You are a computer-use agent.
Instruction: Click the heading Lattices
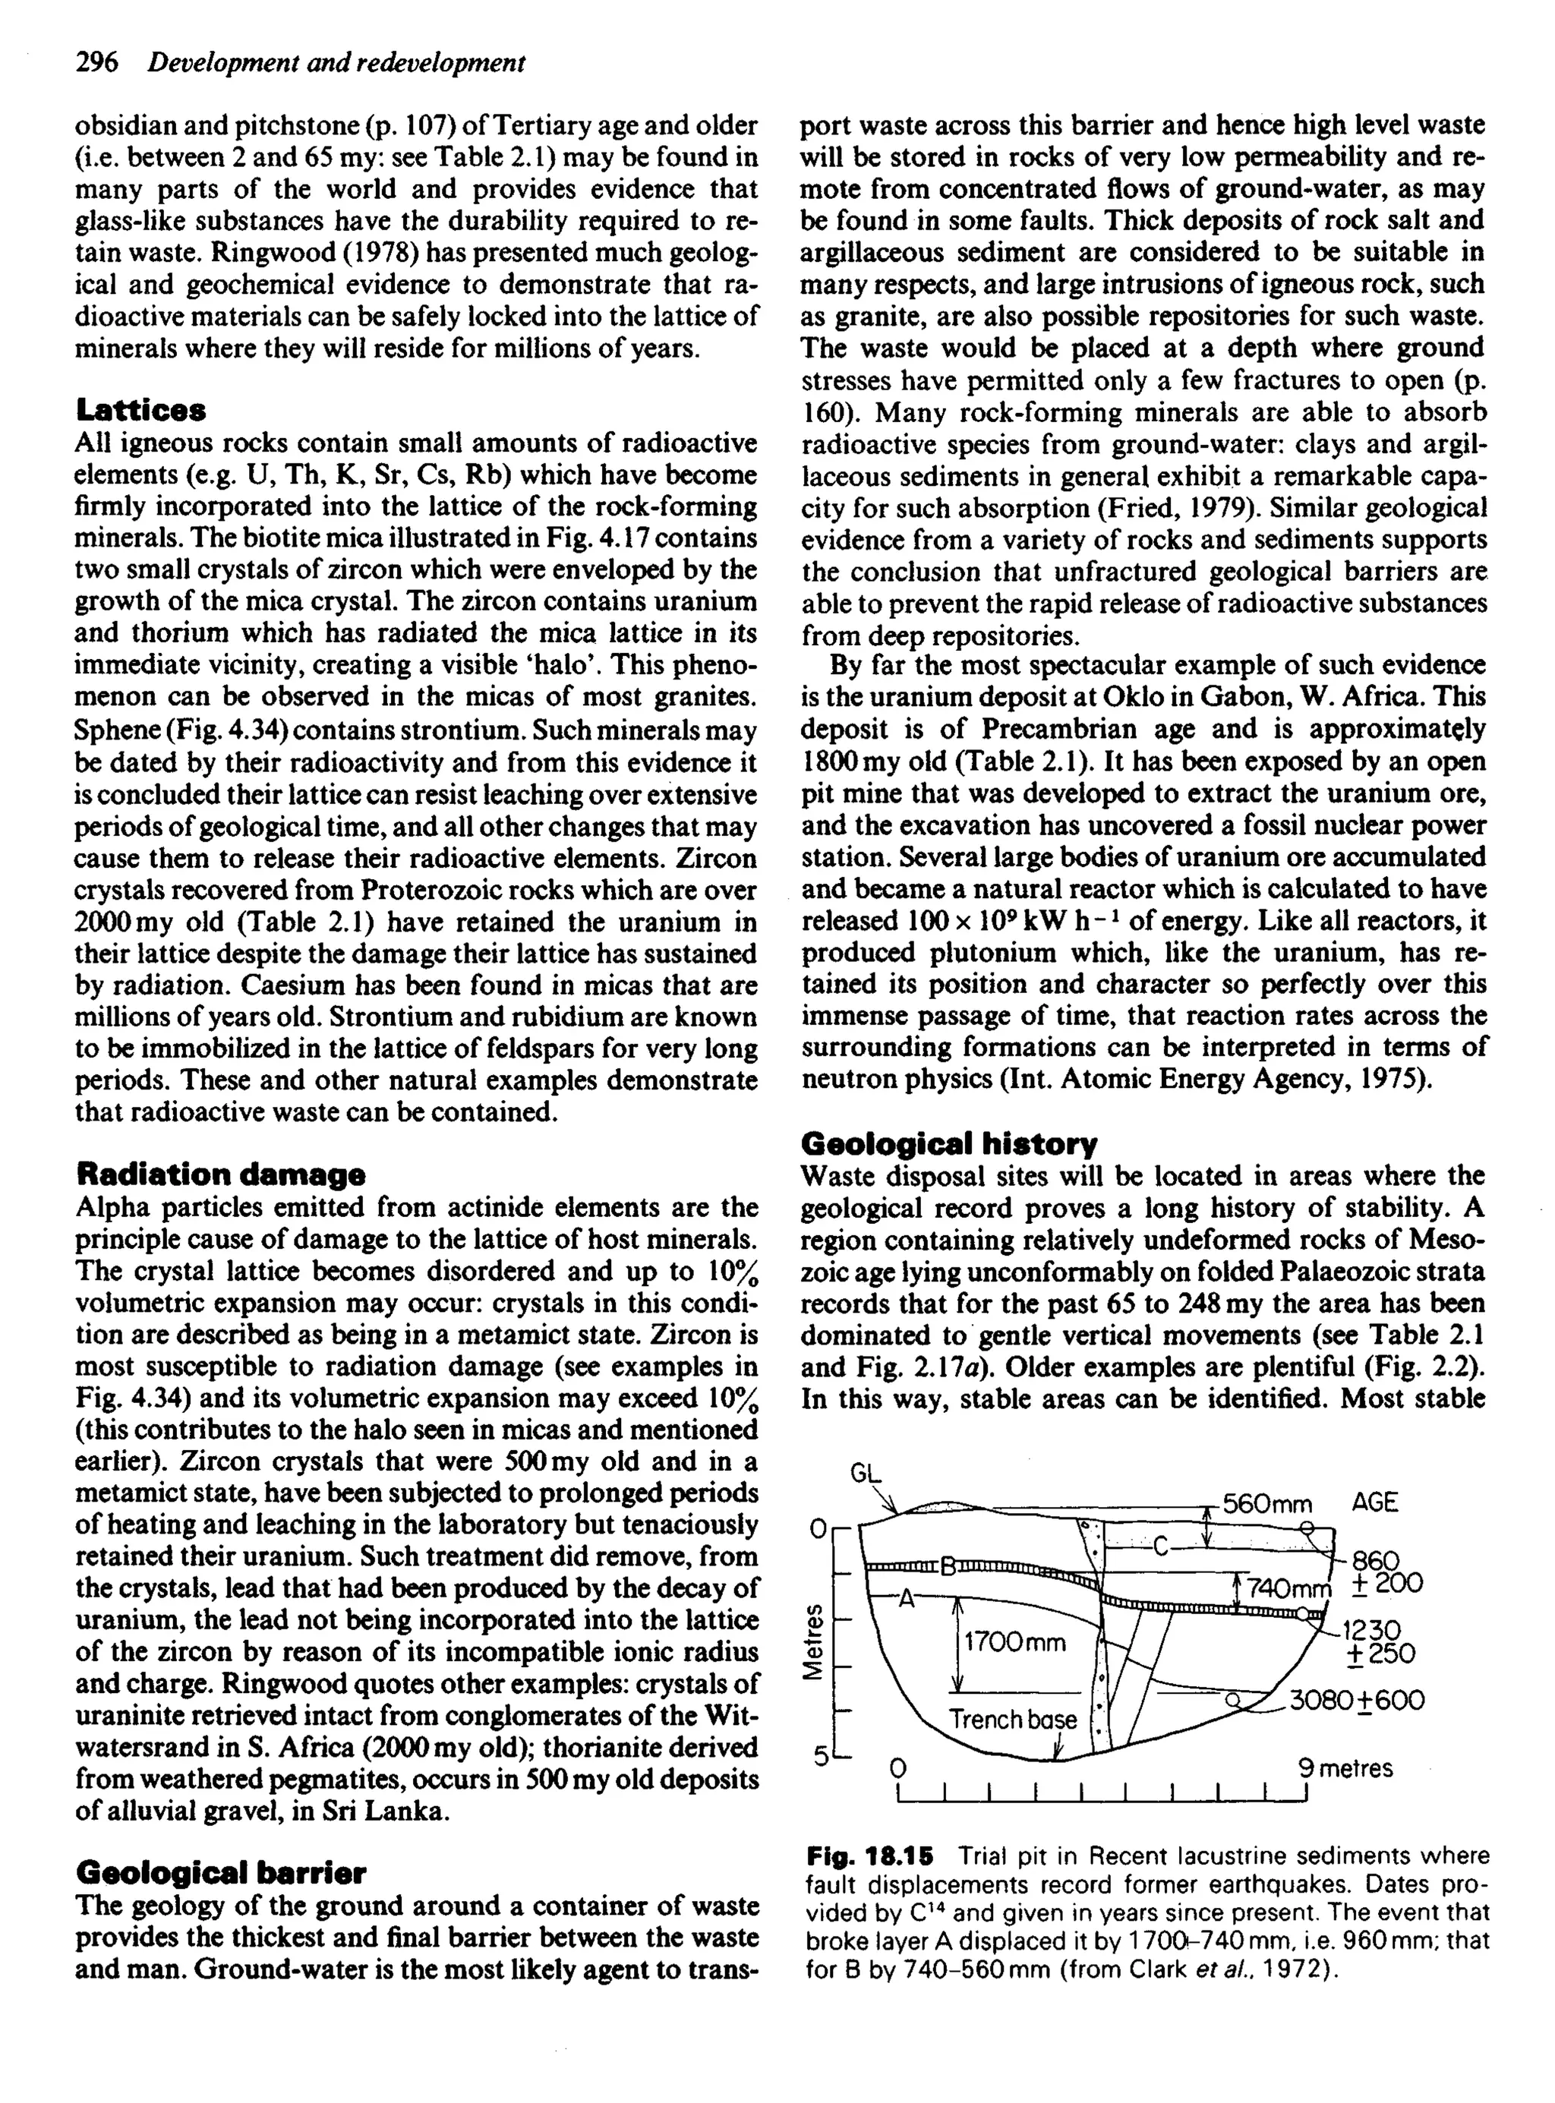(x=141, y=410)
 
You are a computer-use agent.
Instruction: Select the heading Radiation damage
(x=220, y=1174)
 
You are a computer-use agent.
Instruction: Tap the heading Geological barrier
(x=220, y=1871)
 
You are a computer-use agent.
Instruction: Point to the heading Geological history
(x=949, y=1144)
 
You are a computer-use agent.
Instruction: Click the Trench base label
(x=1012, y=1720)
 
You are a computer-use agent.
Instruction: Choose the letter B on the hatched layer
(x=950, y=1568)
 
